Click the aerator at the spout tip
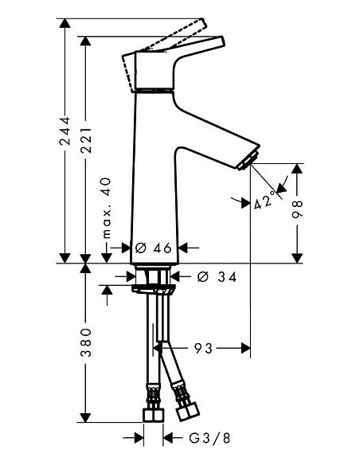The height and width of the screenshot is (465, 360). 249,160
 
